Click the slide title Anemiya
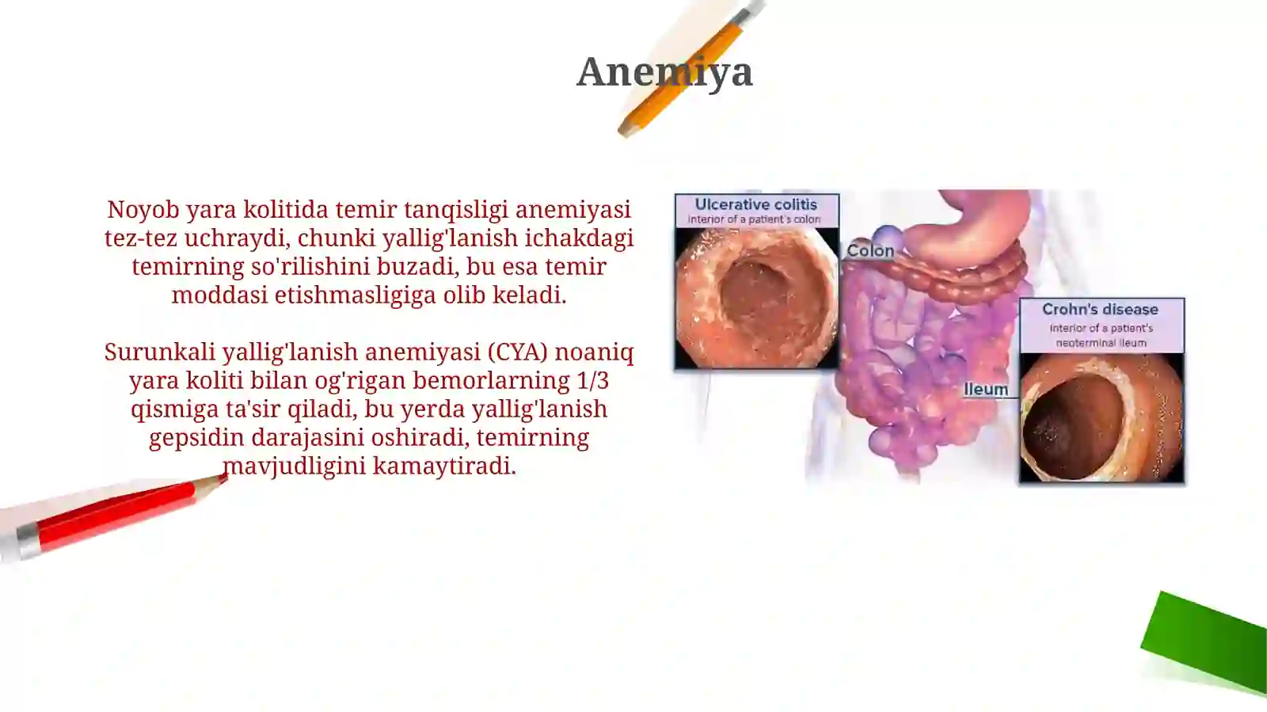[664, 71]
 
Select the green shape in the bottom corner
[1206, 642]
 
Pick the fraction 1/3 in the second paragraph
[593, 380]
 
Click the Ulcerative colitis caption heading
[755, 204]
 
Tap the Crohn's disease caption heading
[1100, 309]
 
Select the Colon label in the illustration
[869, 251]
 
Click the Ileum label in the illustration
[986, 389]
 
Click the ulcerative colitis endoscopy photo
[756, 298]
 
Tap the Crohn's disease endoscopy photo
[1101, 417]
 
